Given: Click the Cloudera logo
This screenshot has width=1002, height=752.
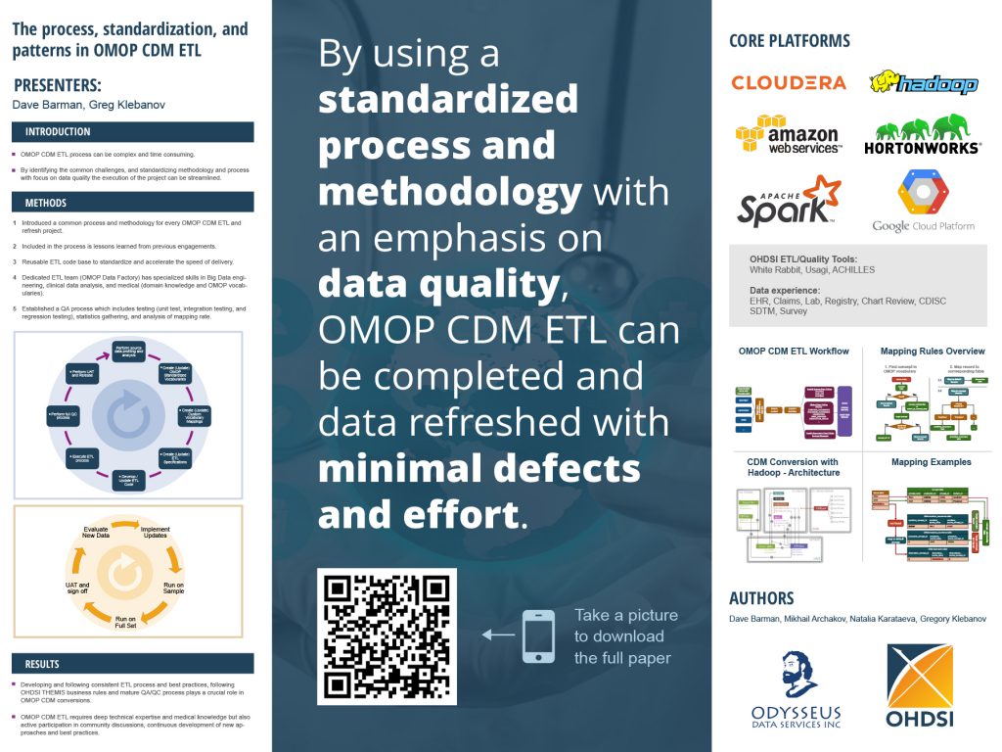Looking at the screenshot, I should [789, 83].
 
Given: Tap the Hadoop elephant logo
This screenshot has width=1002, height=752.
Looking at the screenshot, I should [924, 83].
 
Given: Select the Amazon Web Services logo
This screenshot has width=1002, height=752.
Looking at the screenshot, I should [788, 134].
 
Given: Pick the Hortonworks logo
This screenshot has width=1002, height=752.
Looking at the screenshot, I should [922, 134].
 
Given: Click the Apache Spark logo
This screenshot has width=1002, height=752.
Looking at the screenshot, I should [789, 199].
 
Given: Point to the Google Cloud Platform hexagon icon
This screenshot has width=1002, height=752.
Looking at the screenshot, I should [923, 190].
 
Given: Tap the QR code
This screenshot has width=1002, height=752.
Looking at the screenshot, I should [387, 635].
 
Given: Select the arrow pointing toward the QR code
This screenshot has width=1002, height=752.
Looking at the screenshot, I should [498, 634].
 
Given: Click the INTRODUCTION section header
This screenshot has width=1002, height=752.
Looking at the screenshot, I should [58, 132].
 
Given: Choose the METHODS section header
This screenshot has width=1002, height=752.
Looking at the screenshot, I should [46, 203].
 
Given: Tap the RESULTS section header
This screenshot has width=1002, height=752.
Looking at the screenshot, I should [42, 663].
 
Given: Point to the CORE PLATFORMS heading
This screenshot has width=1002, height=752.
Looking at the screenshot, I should [790, 41].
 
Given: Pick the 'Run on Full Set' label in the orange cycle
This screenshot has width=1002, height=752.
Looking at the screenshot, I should [125, 624].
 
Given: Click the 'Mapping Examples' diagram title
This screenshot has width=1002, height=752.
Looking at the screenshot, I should [931, 462].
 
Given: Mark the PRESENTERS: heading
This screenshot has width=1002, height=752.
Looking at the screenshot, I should [58, 85].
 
